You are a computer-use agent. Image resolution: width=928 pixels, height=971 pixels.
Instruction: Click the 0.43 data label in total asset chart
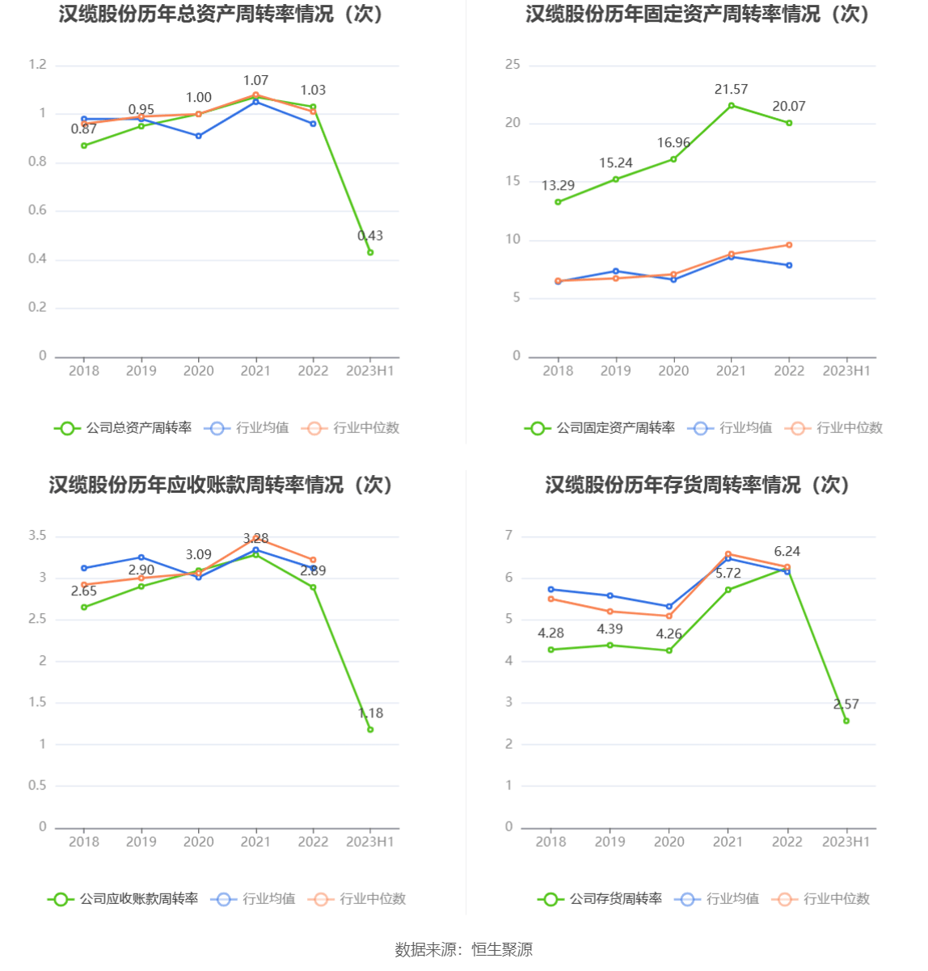370,236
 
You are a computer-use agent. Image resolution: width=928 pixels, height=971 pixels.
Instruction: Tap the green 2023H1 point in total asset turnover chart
370,252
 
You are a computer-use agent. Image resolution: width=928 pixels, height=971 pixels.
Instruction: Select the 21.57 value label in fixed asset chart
731,90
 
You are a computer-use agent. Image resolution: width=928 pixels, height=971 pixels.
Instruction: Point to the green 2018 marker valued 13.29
558,202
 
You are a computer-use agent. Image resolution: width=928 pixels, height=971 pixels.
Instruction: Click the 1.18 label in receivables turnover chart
370,713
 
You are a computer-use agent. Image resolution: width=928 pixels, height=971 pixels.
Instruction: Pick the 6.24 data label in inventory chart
787,552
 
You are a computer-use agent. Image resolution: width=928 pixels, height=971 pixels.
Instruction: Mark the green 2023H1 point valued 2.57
846,721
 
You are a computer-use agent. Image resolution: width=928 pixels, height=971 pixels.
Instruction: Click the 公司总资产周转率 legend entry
124,428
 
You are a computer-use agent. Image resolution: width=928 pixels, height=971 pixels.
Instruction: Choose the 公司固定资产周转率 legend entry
600,428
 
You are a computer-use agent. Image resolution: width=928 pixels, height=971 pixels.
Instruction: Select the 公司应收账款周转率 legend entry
124,899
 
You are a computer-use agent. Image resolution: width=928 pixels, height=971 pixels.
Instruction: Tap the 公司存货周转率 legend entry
601,899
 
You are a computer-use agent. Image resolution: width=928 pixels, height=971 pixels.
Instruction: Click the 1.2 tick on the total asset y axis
38,65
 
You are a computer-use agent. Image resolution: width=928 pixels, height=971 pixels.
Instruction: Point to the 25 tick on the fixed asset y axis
513,65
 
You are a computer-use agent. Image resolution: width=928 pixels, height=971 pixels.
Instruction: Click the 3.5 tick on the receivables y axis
38,536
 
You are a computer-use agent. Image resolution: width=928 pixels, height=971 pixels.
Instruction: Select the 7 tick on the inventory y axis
509,536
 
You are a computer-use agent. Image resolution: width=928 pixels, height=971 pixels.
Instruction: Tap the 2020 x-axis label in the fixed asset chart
673,371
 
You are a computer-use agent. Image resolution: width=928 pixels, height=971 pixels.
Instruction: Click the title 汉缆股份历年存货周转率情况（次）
698,485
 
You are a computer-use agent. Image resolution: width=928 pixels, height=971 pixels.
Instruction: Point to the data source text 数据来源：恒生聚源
464,950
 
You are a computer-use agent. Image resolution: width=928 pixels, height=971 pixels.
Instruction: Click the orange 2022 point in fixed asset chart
789,245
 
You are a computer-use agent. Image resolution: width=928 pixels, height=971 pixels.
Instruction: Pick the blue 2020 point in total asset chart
199,136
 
